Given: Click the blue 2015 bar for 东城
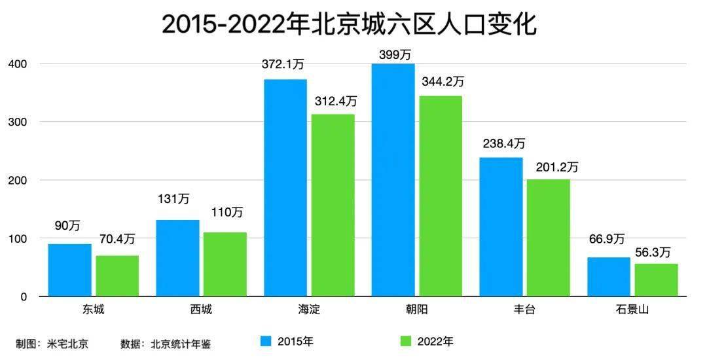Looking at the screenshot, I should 70,270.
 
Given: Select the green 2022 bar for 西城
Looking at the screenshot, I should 225,264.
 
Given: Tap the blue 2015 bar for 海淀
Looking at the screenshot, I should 285,188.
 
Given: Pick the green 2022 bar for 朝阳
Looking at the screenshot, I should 440,196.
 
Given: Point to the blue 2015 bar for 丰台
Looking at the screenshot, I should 500,227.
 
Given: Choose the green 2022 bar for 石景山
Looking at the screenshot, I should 656,280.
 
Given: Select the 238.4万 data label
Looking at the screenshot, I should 501,144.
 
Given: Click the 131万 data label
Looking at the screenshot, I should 177,199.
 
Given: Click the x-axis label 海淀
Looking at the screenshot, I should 308,310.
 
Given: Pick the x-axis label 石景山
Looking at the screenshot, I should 632,310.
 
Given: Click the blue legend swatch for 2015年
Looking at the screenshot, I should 266,341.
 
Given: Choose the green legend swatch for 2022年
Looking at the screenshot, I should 405,341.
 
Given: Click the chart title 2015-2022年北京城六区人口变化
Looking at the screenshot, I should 349,25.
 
